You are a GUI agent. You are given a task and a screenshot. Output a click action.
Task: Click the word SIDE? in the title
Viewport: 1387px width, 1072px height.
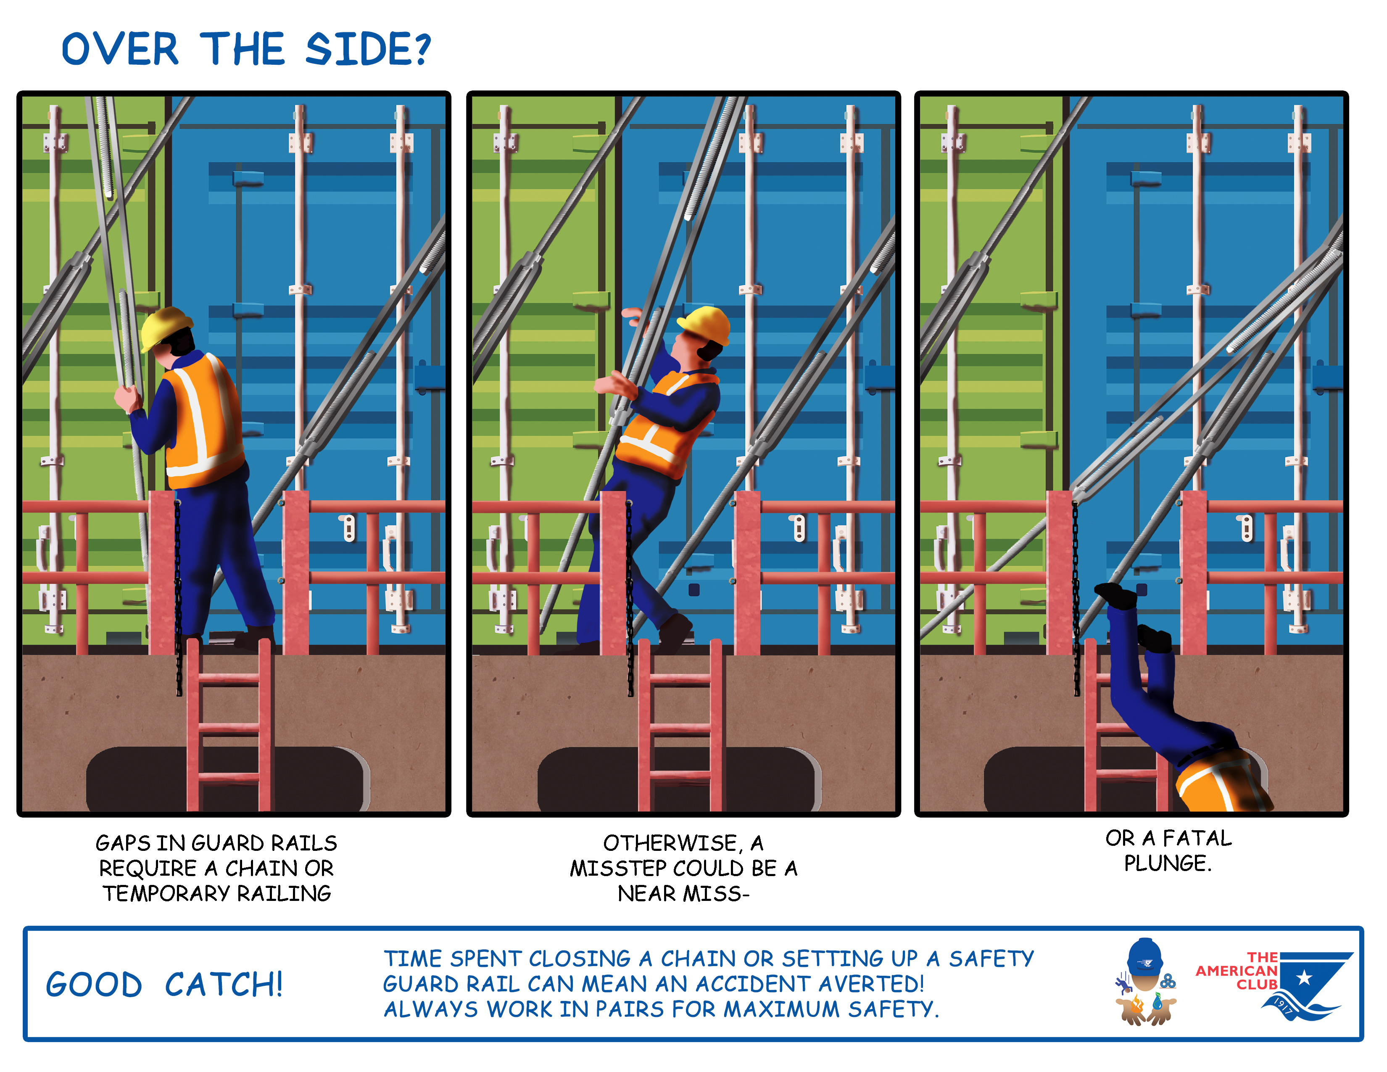[x=368, y=50]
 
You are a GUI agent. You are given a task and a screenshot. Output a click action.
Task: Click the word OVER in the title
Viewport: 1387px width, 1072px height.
[x=120, y=50]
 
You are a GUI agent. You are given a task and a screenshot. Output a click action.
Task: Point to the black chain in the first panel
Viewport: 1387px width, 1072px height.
[x=178, y=597]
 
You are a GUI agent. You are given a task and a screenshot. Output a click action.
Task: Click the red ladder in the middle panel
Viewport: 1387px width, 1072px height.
[x=680, y=724]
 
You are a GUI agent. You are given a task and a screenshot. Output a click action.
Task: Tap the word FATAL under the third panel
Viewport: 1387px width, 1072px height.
[x=1197, y=838]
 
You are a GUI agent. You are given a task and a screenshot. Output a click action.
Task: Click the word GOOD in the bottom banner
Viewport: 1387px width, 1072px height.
[x=94, y=985]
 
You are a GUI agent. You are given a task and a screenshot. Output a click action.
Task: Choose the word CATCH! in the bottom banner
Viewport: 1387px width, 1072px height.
[x=224, y=985]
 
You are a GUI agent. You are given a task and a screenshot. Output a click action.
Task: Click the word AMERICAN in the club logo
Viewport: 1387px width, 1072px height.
[x=1237, y=971]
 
